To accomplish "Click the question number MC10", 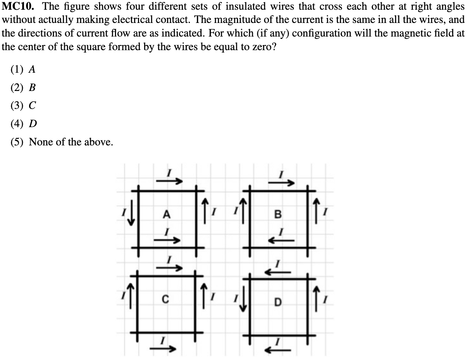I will click(19, 7).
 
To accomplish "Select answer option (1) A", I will click(23, 70).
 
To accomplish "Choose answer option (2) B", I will click(23, 87).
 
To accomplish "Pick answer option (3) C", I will click(23, 105).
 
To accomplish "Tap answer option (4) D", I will click(23, 124).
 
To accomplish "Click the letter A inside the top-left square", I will click(167, 214).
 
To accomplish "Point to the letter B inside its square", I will click(277, 214).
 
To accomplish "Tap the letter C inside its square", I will click(165, 299).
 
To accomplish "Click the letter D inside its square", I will click(277, 302).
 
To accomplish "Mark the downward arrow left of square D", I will click(244, 300).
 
